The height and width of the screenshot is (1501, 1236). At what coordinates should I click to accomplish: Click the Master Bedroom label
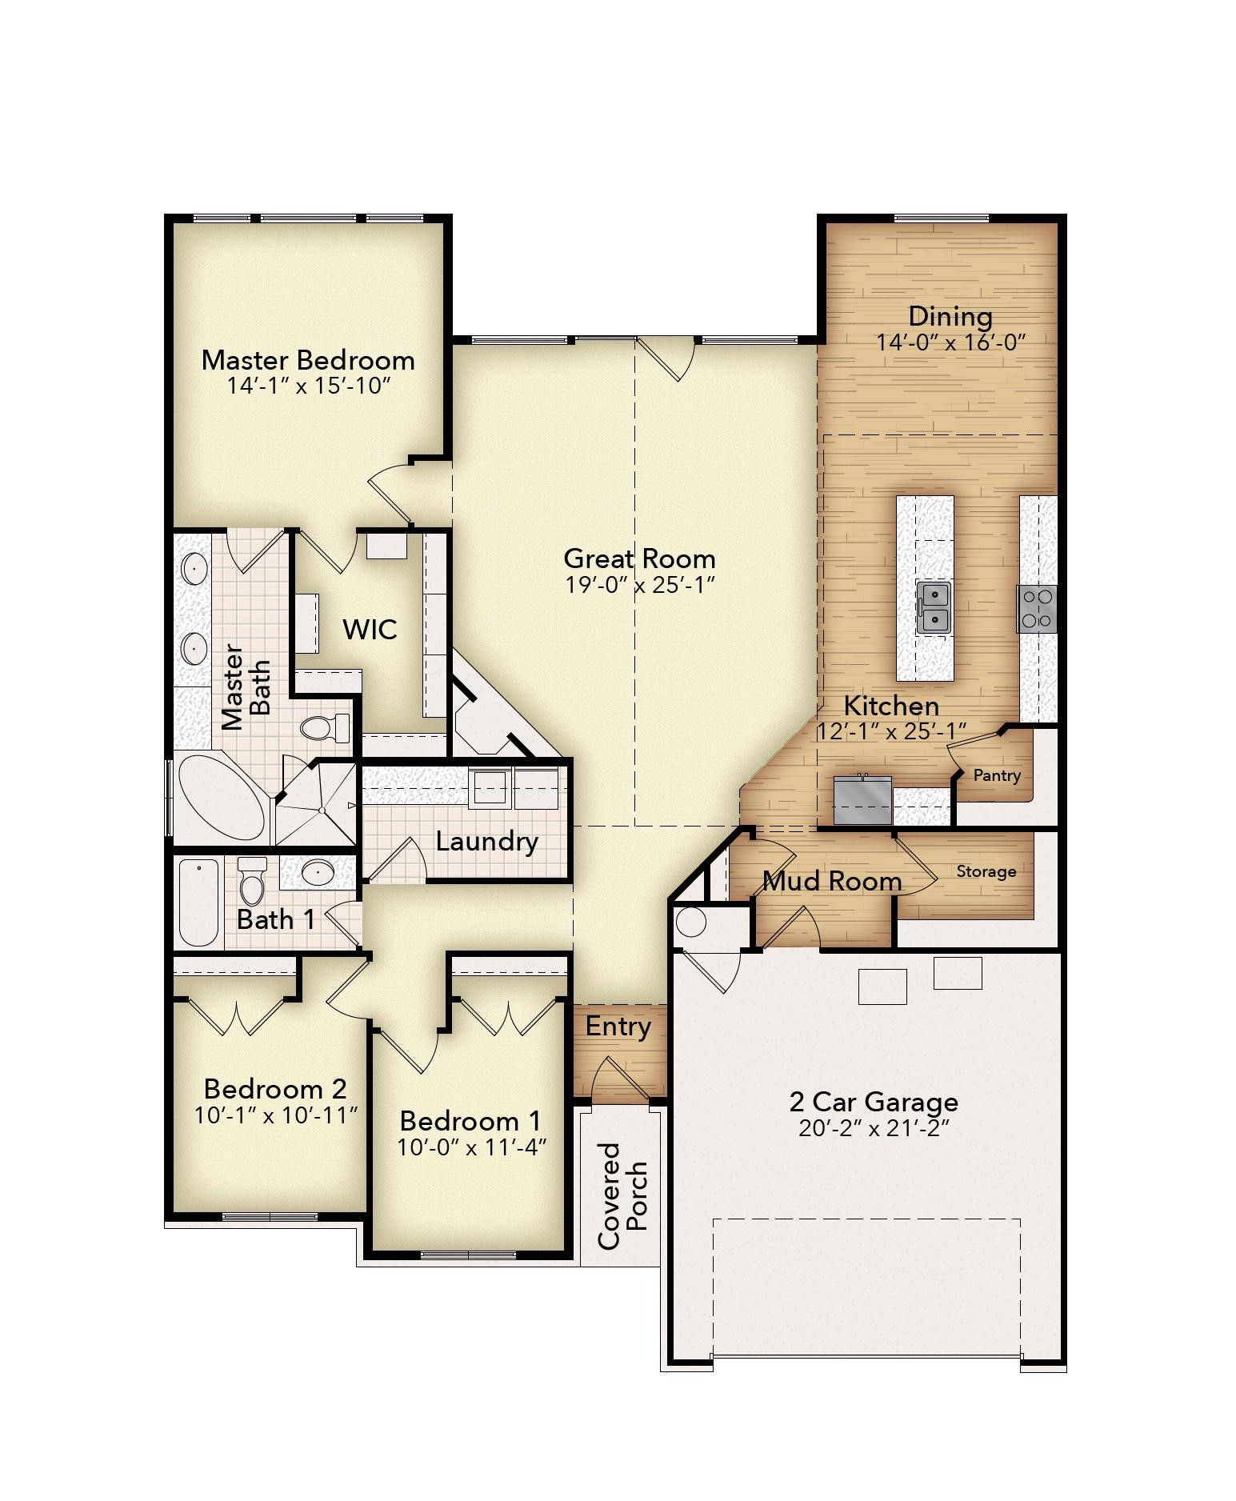coord(308,360)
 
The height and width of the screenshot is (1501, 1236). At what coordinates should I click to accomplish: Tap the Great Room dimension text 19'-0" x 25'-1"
coord(638,586)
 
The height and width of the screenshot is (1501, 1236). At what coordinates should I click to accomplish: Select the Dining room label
coord(950,317)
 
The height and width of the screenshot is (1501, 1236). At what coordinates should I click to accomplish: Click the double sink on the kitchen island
coord(933,608)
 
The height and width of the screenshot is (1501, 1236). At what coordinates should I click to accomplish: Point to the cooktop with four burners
coord(1037,608)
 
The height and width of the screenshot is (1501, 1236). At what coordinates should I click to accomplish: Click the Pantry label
coord(996,775)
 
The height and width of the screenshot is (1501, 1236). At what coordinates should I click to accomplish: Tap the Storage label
coord(986,871)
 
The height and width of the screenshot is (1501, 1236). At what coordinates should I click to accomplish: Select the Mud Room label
coord(832,882)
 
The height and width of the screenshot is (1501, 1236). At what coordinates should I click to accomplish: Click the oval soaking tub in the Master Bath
coord(220,798)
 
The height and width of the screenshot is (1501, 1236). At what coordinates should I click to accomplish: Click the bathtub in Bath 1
coord(198,903)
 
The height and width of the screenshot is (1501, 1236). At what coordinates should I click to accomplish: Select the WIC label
coord(370,630)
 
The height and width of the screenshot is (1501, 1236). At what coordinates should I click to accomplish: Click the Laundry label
coord(486,842)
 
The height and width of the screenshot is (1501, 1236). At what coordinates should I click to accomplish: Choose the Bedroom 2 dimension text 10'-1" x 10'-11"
coord(274,1115)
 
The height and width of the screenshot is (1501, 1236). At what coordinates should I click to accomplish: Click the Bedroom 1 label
coord(470,1120)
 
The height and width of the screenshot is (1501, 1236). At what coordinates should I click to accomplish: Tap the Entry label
coord(618,1027)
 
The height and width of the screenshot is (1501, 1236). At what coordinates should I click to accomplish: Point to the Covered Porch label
coord(622,1195)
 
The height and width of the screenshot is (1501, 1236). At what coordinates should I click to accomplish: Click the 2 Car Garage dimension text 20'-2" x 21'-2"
coord(873,1129)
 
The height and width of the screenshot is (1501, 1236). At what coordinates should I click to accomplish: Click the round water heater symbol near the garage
coord(690,923)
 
